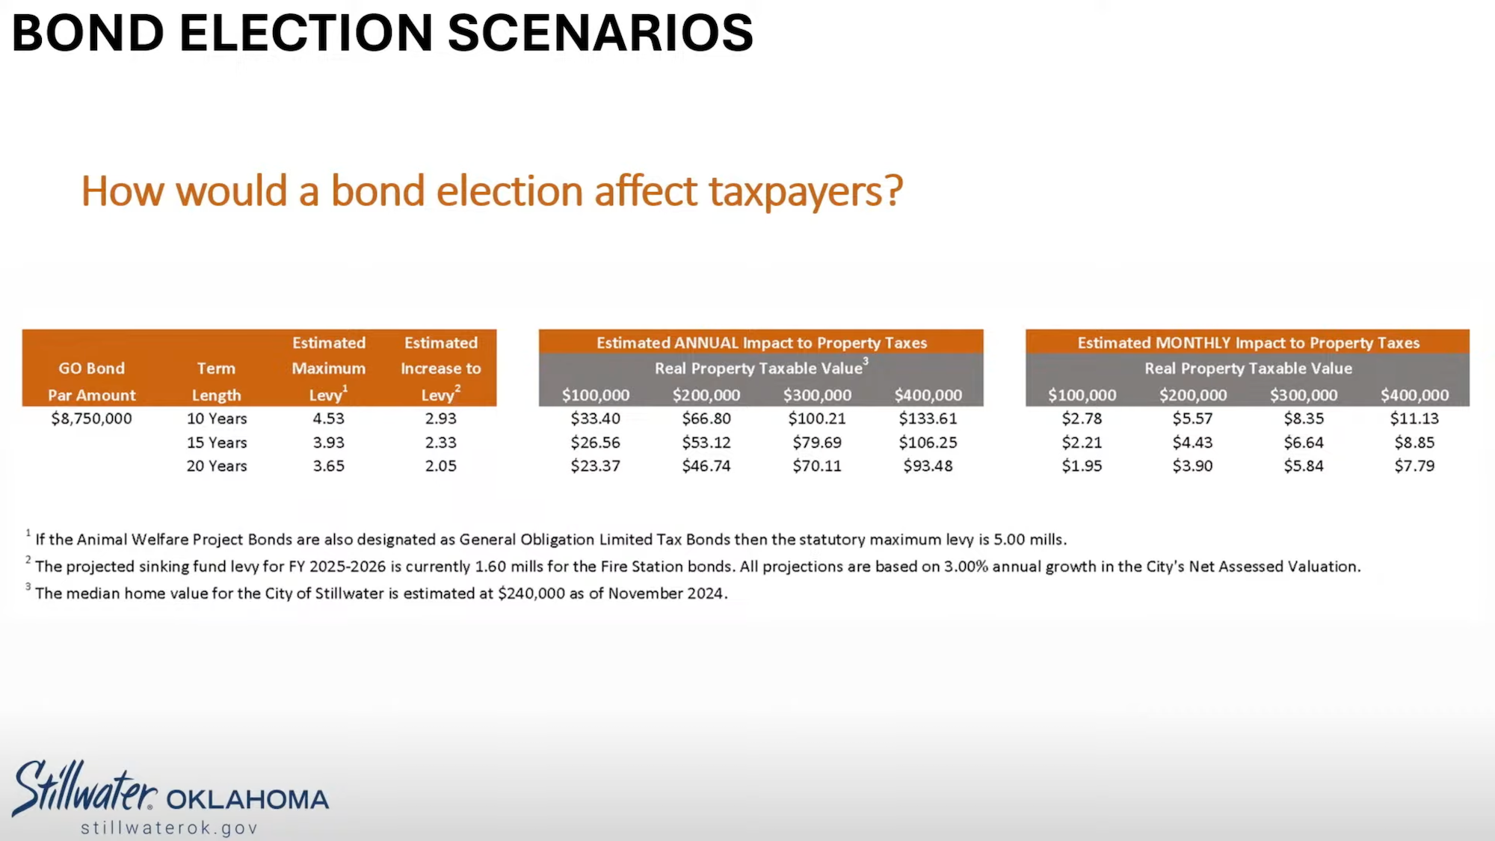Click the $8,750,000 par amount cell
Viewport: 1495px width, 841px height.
point(91,419)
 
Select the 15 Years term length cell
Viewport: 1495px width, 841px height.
point(217,443)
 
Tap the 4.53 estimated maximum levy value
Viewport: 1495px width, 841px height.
point(328,419)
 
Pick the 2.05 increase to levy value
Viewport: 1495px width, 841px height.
point(440,466)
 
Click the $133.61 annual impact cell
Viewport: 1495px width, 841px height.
point(928,419)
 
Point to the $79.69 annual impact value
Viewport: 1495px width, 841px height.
point(817,443)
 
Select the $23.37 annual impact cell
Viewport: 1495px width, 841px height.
point(595,466)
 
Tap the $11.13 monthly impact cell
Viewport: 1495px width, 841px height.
point(1414,419)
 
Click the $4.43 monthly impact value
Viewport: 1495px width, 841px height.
point(1192,443)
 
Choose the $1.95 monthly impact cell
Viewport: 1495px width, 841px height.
point(1082,466)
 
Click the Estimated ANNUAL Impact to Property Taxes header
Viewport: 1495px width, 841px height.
point(761,343)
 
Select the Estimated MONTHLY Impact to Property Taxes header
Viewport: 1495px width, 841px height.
point(1248,343)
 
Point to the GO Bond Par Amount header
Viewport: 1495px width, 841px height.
point(92,381)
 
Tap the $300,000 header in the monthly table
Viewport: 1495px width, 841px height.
point(1303,395)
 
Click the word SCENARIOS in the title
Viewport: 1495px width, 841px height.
point(600,34)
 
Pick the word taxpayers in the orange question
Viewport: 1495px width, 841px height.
point(804,191)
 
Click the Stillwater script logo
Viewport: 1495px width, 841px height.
point(84,789)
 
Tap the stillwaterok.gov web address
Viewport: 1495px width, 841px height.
point(170,828)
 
